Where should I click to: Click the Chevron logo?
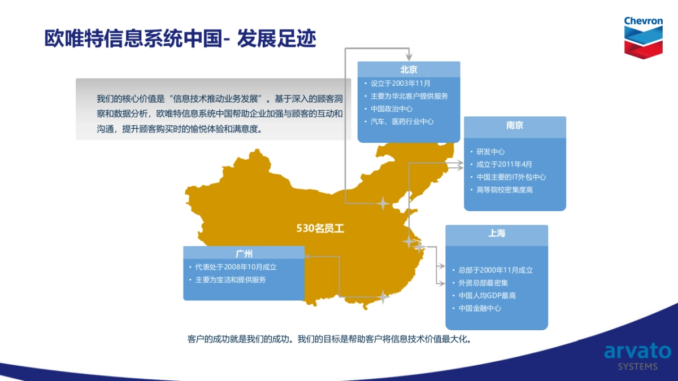click(643, 37)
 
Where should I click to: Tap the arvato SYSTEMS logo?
click(637, 357)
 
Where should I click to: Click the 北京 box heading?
click(408, 70)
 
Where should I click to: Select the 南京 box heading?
click(515, 125)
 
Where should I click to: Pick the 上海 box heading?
click(497, 233)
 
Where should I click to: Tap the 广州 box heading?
click(244, 253)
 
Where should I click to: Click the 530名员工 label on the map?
click(320, 228)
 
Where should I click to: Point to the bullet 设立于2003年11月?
click(400, 83)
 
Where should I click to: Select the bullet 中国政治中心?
click(392, 108)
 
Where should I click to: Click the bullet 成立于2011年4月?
click(504, 164)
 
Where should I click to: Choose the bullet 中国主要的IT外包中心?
click(511, 177)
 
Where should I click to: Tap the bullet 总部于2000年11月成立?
click(496, 270)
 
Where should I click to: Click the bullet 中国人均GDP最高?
click(487, 295)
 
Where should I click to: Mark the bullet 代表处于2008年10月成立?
click(236, 267)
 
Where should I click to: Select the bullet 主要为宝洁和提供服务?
click(231, 280)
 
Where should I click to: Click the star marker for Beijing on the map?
click(383, 204)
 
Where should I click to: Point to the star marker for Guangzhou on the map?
click(383, 297)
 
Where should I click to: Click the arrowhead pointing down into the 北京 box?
click(409, 57)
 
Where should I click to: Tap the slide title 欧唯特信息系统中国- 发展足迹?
click(180, 38)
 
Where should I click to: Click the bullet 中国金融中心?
click(480, 308)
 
